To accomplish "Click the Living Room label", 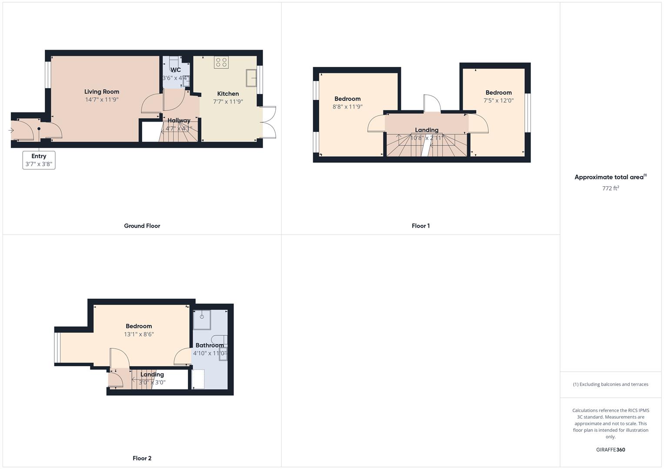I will [x=102, y=92].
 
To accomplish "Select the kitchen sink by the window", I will [x=251, y=78].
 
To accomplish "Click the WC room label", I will [x=176, y=70].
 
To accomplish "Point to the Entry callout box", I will [x=39, y=160].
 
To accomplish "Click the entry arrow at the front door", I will [x=11, y=130].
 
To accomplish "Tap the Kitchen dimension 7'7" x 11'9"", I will [x=228, y=102].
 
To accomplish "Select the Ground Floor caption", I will [x=142, y=226].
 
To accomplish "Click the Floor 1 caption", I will [x=420, y=226].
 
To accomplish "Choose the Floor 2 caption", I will [x=142, y=458].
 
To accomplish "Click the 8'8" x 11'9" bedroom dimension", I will [x=347, y=106].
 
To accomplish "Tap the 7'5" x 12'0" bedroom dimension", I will [x=498, y=100].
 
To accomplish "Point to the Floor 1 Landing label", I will [x=426, y=130].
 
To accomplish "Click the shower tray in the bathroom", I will [x=202, y=320].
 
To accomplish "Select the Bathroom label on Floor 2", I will [x=209, y=345].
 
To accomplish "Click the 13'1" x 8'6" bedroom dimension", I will [x=139, y=334].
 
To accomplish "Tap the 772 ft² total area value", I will [x=611, y=188].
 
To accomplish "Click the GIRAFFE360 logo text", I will [x=611, y=449].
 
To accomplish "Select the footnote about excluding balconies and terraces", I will [x=611, y=384].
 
